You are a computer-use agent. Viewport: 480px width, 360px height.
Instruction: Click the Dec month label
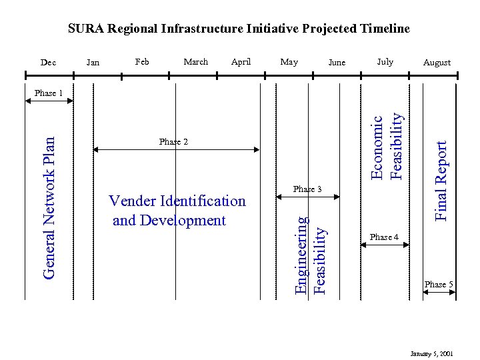click(x=48, y=63)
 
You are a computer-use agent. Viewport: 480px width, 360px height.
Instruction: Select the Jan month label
click(x=93, y=63)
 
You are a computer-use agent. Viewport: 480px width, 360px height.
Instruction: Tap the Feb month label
click(x=142, y=62)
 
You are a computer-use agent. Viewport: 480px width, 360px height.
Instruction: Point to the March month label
click(x=195, y=62)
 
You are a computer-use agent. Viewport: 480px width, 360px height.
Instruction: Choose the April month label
click(x=241, y=62)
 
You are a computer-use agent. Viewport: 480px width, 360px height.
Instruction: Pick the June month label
click(x=337, y=63)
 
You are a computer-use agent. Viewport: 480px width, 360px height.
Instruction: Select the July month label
click(x=385, y=62)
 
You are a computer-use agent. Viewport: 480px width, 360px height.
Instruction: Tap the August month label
click(x=437, y=63)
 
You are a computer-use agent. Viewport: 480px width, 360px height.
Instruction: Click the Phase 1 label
click(x=48, y=93)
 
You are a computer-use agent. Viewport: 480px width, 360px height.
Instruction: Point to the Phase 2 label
click(x=173, y=142)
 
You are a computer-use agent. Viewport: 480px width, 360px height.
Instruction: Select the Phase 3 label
click(x=308, y=190)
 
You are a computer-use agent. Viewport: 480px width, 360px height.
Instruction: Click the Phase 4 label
click(x=384, y=237)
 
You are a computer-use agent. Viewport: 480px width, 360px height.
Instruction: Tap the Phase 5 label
click(x=439, y=285)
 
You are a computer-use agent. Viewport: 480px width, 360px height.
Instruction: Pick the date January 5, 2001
click(x=432, y=352)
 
